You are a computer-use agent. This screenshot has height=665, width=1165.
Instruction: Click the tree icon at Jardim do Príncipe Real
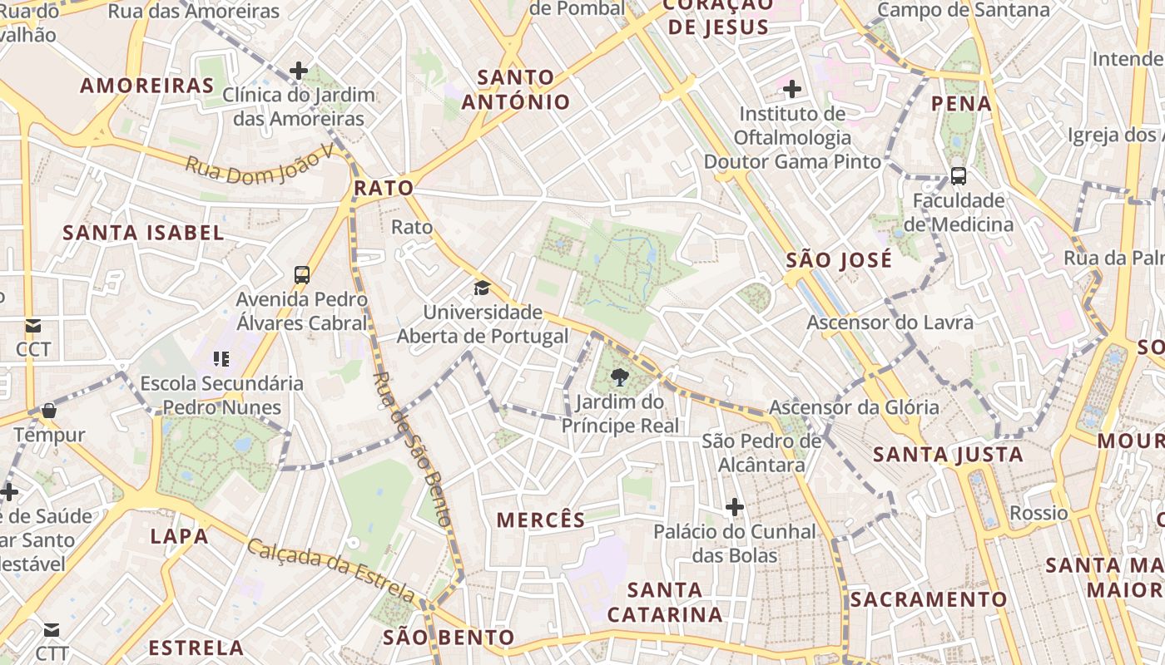[619, 378]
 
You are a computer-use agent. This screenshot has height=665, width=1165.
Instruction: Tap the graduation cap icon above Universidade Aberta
[482, 288]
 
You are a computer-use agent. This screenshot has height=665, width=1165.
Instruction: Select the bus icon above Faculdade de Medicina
[959, 176]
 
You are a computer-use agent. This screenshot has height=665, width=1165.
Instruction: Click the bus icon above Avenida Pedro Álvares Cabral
[302, 274]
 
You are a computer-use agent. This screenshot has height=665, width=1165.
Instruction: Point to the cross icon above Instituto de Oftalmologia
[792, 88]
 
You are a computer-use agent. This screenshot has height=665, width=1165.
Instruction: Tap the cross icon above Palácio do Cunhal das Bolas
[734, 506]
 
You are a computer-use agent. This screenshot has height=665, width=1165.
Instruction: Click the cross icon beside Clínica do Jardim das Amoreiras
[299, 71]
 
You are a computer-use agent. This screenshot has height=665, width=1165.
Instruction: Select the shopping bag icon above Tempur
[49, 411]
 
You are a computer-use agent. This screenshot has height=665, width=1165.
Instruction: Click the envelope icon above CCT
[33, 326]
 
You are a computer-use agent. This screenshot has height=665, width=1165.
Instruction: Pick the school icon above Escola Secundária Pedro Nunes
[221, 359]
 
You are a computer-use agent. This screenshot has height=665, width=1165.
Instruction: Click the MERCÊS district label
[541, 520]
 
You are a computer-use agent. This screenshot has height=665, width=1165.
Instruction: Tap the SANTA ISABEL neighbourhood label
[144, 233]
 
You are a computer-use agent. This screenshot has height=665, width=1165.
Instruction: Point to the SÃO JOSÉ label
[839, 260]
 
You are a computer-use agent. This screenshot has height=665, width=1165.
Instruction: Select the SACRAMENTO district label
[929, 599]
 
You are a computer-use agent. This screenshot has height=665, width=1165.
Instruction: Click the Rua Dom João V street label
[259, 160]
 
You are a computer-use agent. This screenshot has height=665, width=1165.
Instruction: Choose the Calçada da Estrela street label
[331, 570]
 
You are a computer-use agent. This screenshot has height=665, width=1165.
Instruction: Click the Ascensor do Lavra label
[890, 323]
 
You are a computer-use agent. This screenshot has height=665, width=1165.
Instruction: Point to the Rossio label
[1039, 513]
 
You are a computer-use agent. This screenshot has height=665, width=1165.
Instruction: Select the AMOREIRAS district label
[147, 86]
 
